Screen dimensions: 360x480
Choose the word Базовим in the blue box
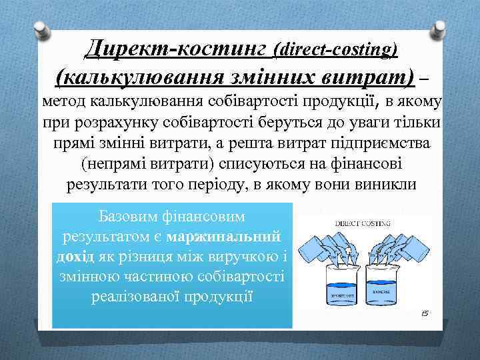pyautogui.click(x=124, y=217)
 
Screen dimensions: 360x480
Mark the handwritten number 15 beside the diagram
pyautogui.click(x=423, y=313)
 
